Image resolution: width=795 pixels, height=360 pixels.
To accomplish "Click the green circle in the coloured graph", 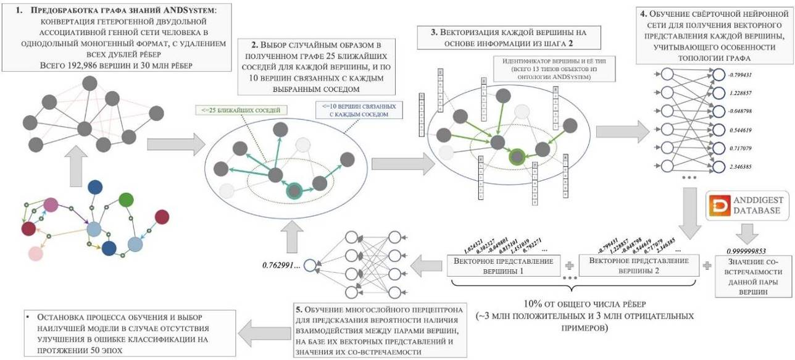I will tap(126, 199).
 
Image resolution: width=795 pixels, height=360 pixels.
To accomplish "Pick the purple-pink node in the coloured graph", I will tap(50, 204).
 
